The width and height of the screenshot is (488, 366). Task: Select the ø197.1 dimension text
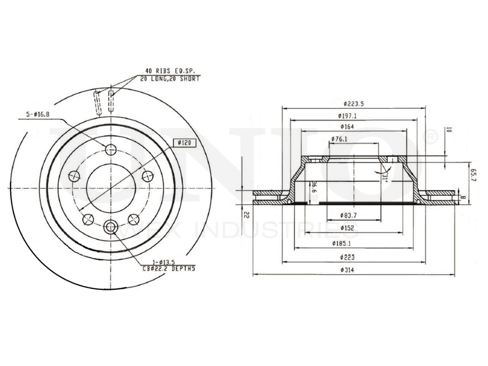347,116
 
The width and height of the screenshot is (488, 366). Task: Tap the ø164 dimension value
347,127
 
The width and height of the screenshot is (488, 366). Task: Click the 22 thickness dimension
247,214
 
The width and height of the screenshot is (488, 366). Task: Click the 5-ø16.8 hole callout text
38,115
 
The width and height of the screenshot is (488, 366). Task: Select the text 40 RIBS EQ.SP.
168,71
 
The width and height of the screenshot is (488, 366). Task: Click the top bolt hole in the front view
111,149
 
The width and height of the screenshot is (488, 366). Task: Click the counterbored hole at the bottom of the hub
111,226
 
